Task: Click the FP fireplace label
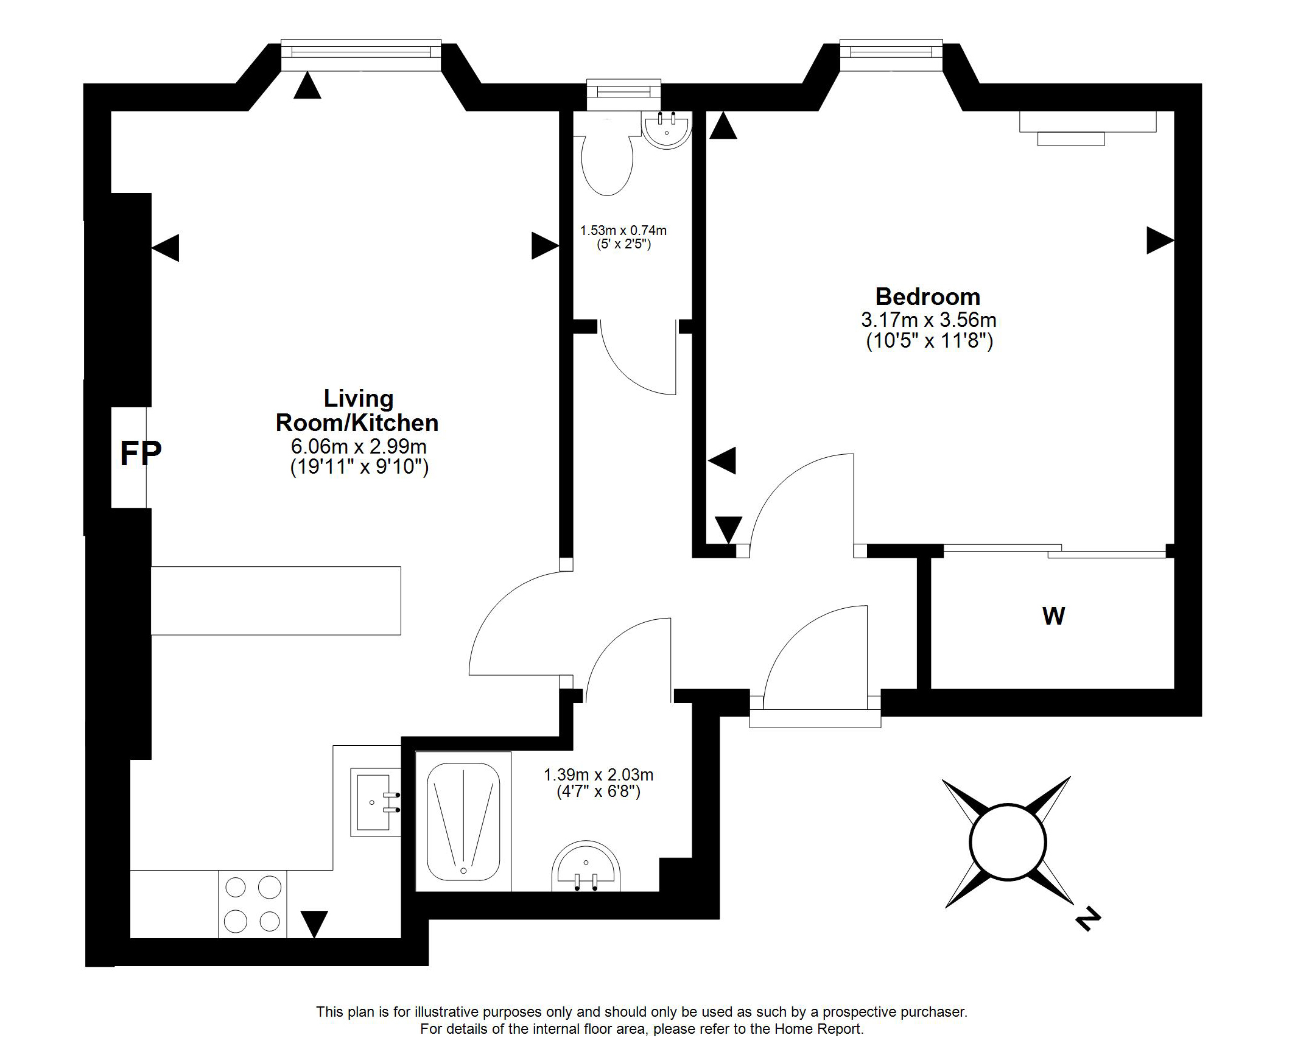coord(140,454)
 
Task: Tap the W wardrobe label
coord(1053,616)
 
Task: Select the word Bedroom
coord(928,297)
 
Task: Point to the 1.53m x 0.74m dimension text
coord(623,231)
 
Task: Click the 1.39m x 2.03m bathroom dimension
coord(599,774)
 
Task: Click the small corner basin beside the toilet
coord(667,130)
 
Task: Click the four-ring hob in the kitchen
coord(253,904)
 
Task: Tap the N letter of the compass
coord(1087,920)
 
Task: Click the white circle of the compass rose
coord(1008,842)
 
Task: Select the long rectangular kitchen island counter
coord(276,601)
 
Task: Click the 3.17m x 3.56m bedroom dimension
coord(929,320)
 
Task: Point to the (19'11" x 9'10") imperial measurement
coord(359,467)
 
